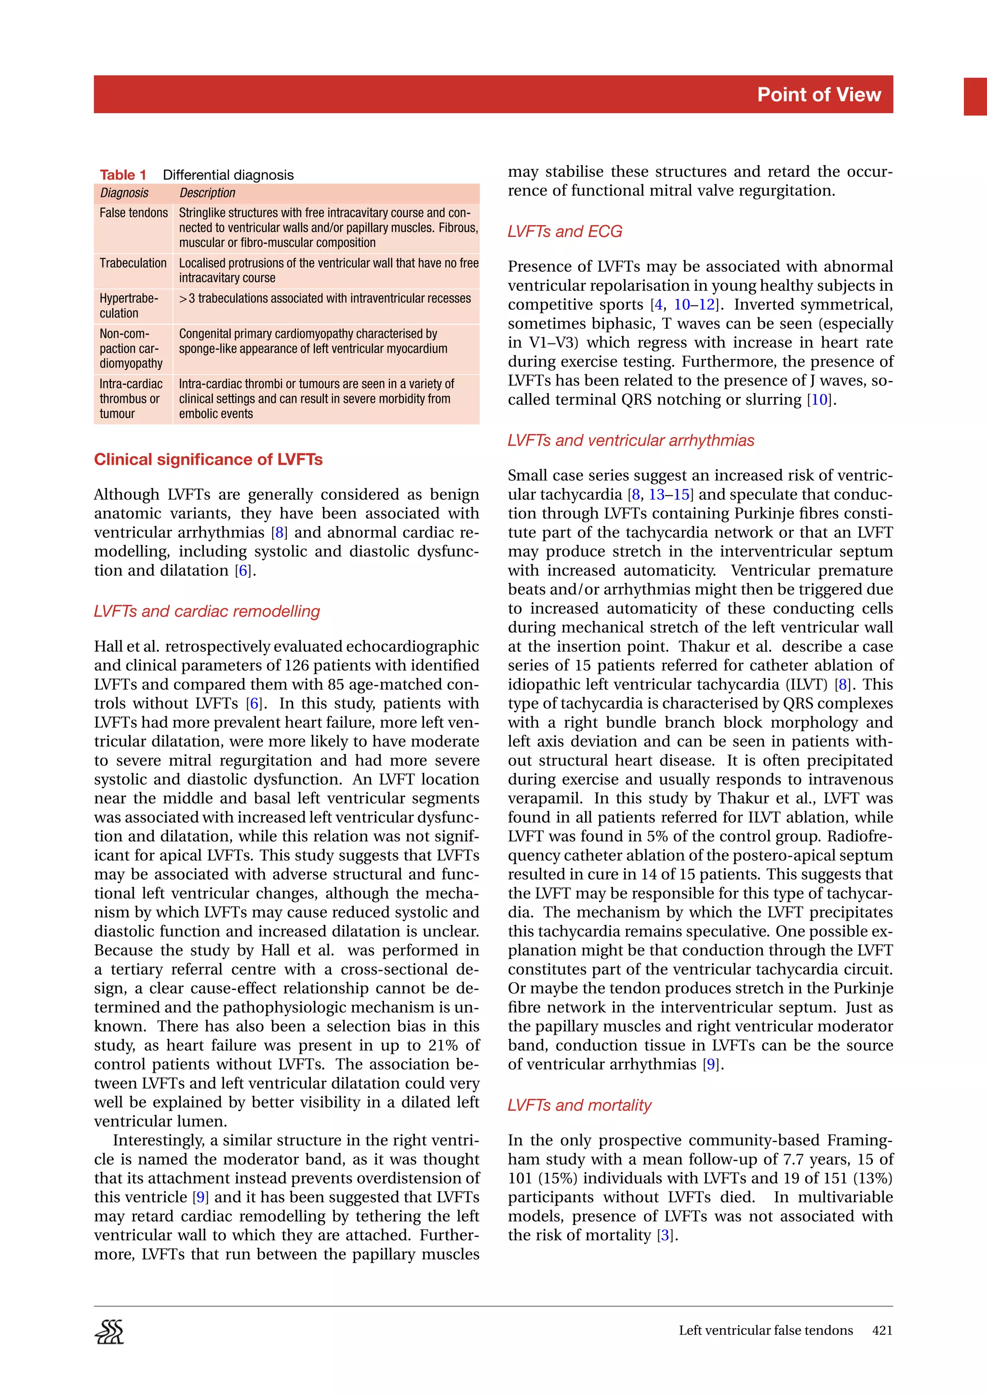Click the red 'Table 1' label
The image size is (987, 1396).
coord(123,175)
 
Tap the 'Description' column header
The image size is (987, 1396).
coord(207,193)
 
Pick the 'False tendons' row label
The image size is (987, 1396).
coord(133,213)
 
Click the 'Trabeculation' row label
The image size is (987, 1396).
coord(133,263)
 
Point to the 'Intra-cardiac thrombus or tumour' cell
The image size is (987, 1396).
coord(131,399)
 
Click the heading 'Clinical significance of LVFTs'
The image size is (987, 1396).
coord(208,460)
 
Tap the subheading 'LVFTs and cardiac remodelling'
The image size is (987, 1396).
coord(207,612)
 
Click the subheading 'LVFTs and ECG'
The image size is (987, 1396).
coord(564,232)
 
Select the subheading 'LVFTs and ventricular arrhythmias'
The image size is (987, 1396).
coord(631,441)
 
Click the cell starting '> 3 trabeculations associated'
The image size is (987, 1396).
coord(325,299)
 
